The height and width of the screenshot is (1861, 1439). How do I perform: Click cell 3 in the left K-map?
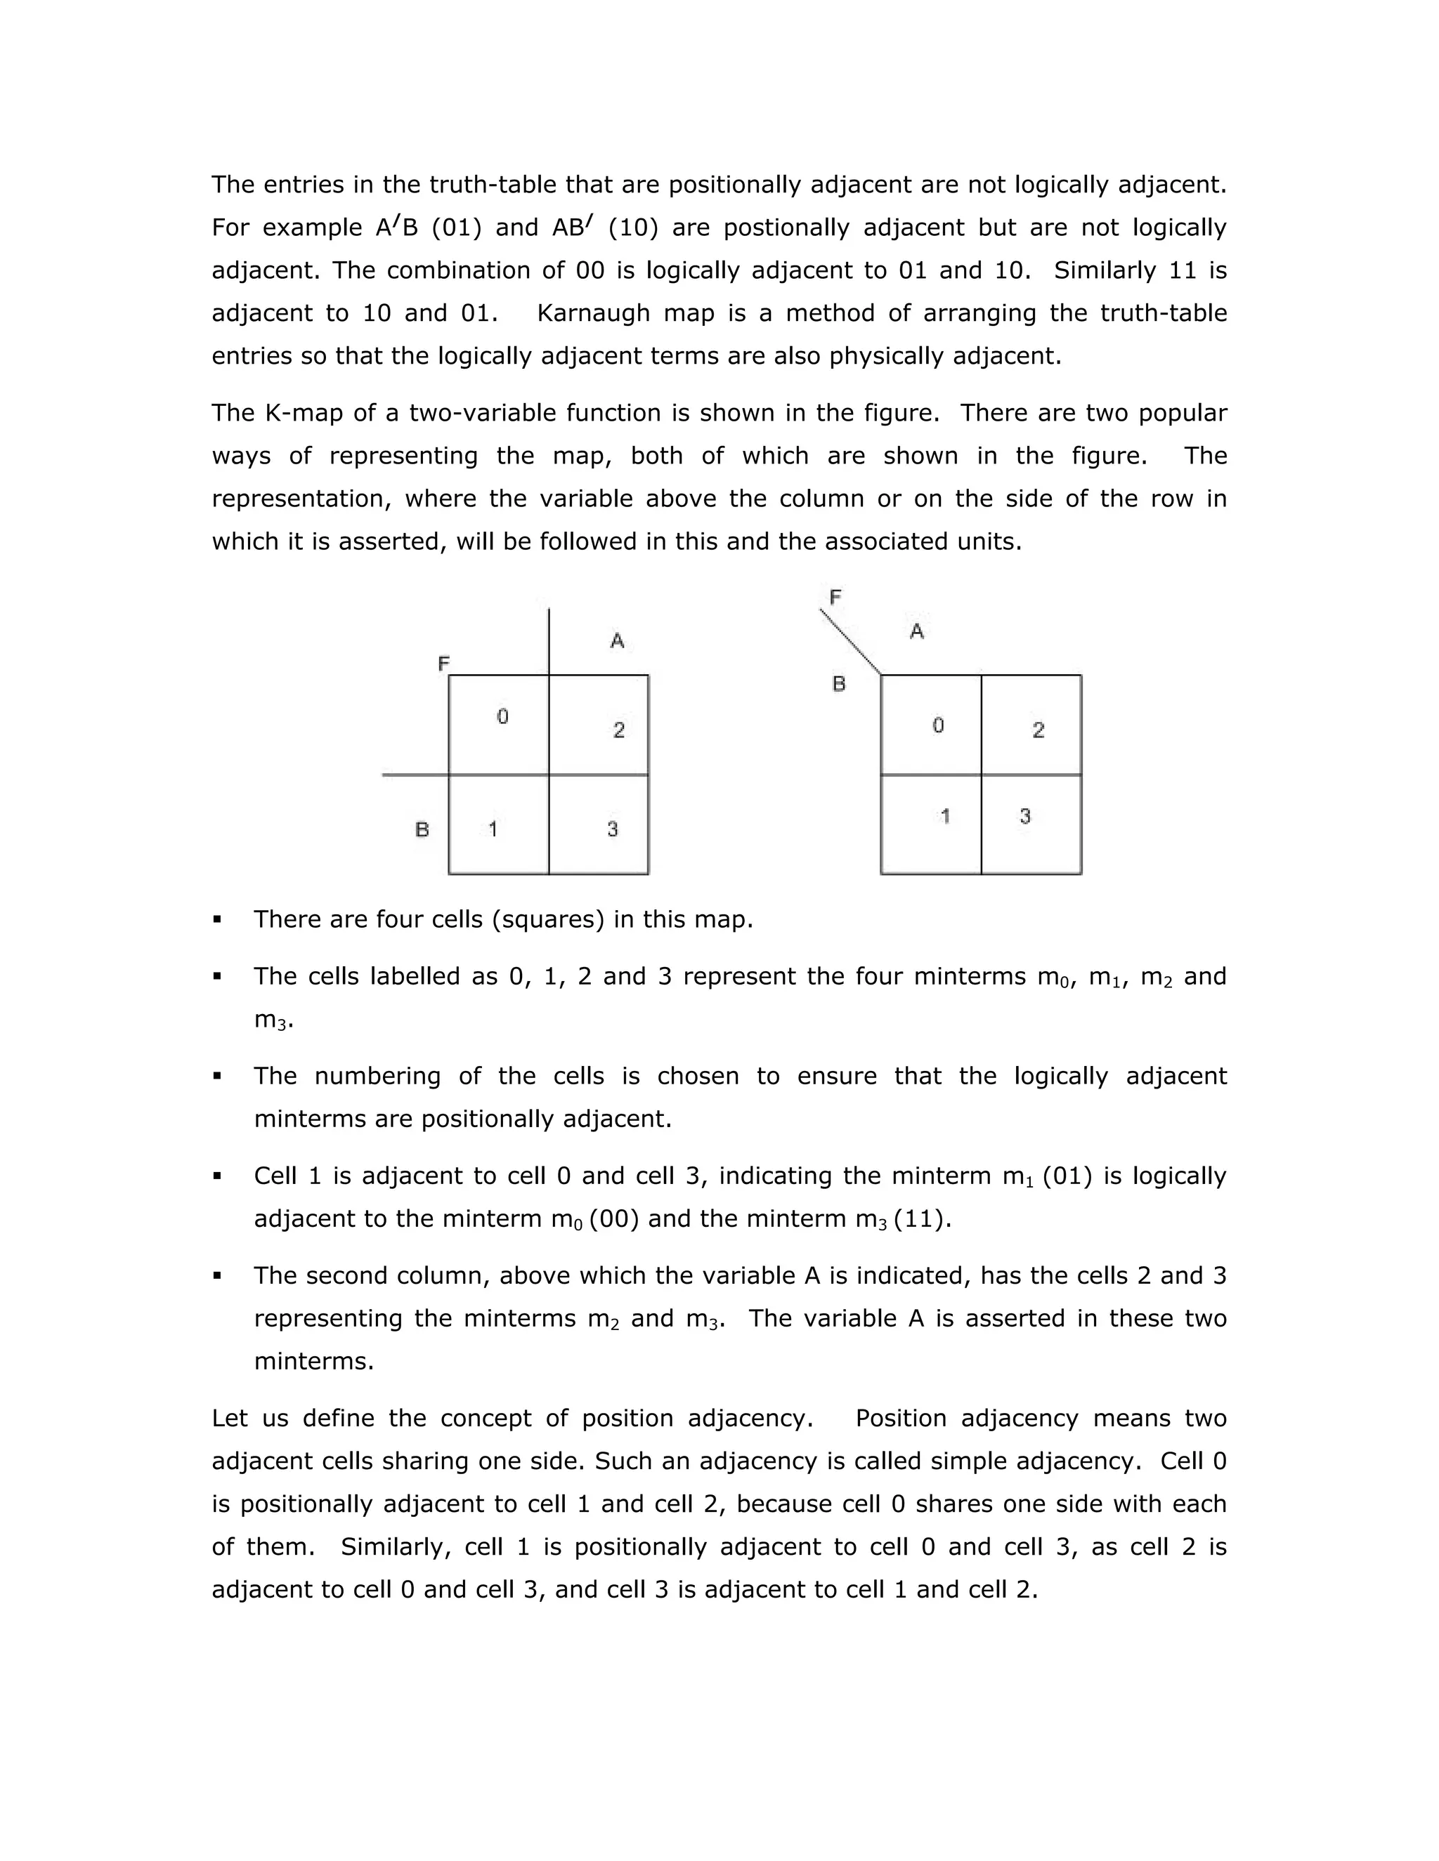[x=599, y=824]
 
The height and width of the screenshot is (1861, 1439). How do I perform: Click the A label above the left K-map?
[x=617, y=640]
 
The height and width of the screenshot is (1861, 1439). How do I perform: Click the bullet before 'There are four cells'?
[x=217, y=919]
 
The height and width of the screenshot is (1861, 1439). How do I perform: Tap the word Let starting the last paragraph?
[x=229, y=1418]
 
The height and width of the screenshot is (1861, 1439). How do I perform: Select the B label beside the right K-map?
[x=839, y=683]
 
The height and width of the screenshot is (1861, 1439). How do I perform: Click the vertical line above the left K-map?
[x=549, y=640]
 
